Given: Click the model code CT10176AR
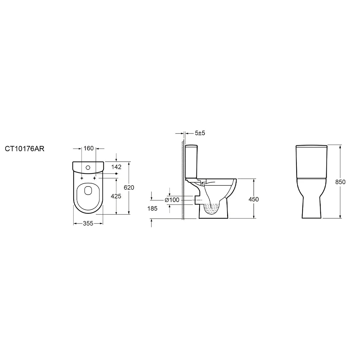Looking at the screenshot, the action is pos(25,149).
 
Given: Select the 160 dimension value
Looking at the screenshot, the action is pos(89,148).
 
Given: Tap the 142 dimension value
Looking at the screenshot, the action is pos(117,167).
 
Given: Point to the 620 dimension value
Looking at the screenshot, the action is pos(129,188).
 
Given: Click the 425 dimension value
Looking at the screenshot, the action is pos(116,196).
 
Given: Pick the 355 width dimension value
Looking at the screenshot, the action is pos(88,223).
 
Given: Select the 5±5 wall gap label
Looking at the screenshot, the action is pos(200,133).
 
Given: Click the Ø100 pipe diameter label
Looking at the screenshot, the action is pos(172,200).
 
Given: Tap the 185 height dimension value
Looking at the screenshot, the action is pos(153,208).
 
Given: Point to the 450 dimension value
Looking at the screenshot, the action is pos(253,199).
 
